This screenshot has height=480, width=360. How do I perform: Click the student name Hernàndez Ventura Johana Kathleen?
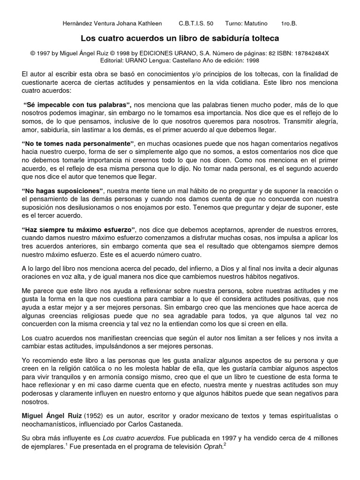click(112, 23)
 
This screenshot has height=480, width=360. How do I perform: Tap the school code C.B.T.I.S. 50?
click(196, 23)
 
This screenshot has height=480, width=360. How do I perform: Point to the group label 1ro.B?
click(288, 23)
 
